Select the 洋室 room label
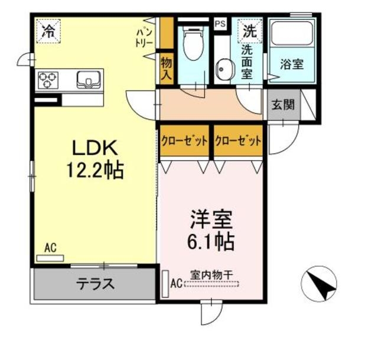[211, 219]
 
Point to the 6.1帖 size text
[211, 241]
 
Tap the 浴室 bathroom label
[292, 64]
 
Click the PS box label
[220, 24]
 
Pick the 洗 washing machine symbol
[248, 30]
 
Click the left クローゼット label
[184, 141]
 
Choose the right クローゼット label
[238, 141]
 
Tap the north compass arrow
[319, 287]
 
